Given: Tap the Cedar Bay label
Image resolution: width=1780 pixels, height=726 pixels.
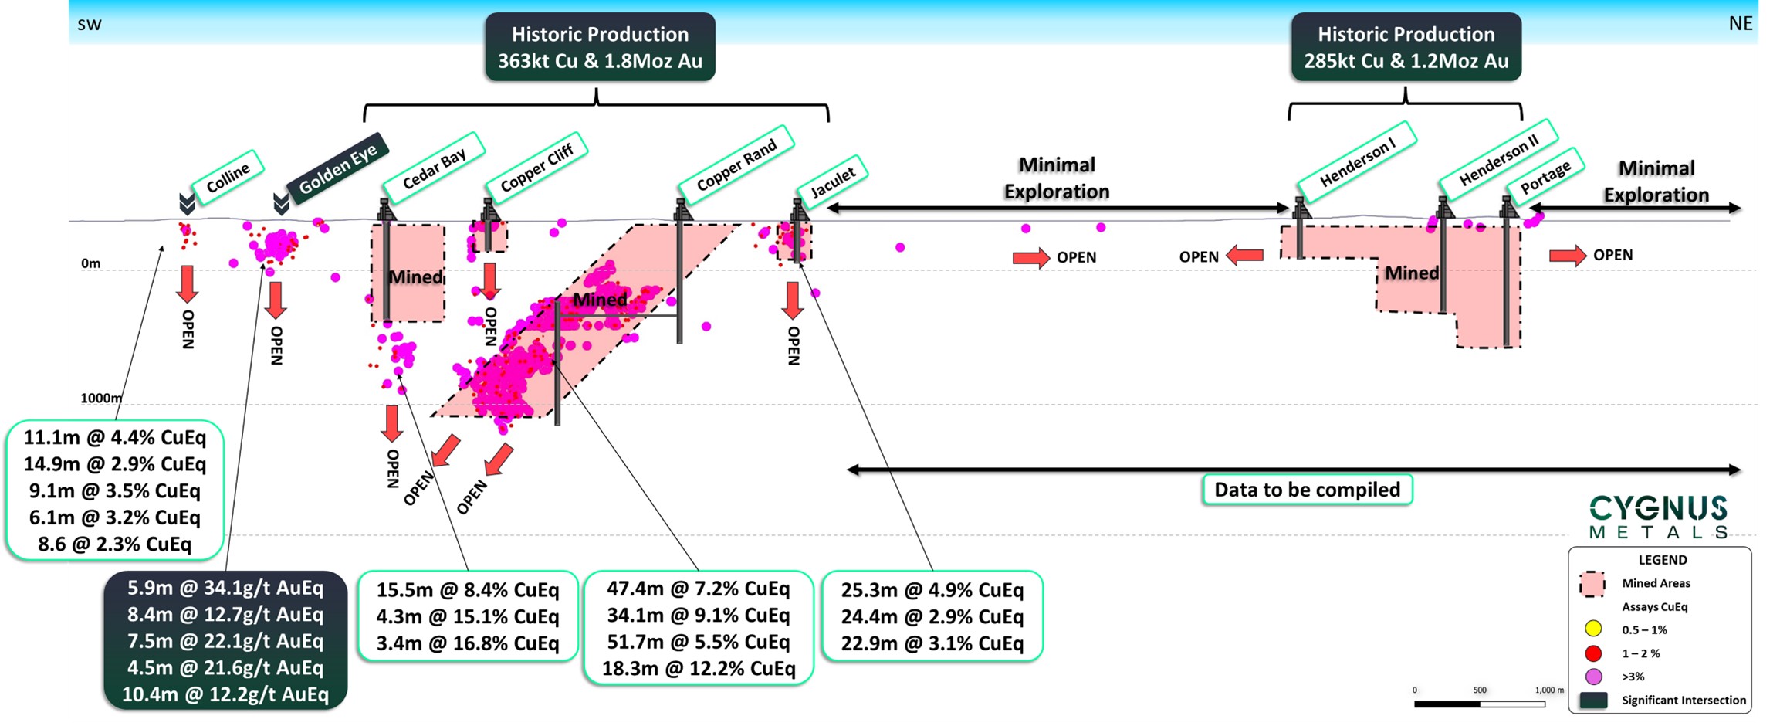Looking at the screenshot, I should pos(434,168).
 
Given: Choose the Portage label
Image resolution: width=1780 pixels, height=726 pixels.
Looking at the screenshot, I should pos(1545,177).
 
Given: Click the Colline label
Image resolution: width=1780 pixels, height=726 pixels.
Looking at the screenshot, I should pos(228,178).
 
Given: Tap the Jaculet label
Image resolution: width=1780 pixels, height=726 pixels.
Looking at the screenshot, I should pos(833,182).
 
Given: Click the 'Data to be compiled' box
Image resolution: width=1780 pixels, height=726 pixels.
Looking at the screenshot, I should pos(1307,490).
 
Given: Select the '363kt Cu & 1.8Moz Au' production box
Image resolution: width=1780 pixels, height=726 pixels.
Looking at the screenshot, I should pos(600,47).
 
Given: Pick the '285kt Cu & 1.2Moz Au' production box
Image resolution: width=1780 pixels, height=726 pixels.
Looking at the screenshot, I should pos(1406,47).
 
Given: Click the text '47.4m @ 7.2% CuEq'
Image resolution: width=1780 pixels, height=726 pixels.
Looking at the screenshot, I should pos(698,589).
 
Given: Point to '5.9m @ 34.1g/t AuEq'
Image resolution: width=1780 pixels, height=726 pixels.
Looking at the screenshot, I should pos(225,589).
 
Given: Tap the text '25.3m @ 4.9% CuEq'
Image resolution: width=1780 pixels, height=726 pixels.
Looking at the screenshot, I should pos(932,590).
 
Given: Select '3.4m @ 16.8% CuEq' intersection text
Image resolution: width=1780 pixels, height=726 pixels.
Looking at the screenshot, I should pos(468,643).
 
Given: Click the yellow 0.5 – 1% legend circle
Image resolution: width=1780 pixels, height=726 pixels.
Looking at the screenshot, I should pos(1593,629).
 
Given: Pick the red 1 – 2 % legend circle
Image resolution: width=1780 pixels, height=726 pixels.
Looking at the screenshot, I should pos(1593,653).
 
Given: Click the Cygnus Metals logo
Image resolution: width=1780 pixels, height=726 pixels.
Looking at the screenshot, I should pos(1658,517).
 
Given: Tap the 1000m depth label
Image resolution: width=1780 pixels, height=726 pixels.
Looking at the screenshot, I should pos(101,399).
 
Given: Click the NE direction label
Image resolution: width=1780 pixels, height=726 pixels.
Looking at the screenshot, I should pos(1740,24).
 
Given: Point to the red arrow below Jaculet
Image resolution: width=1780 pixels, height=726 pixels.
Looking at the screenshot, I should pos(792,300).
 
